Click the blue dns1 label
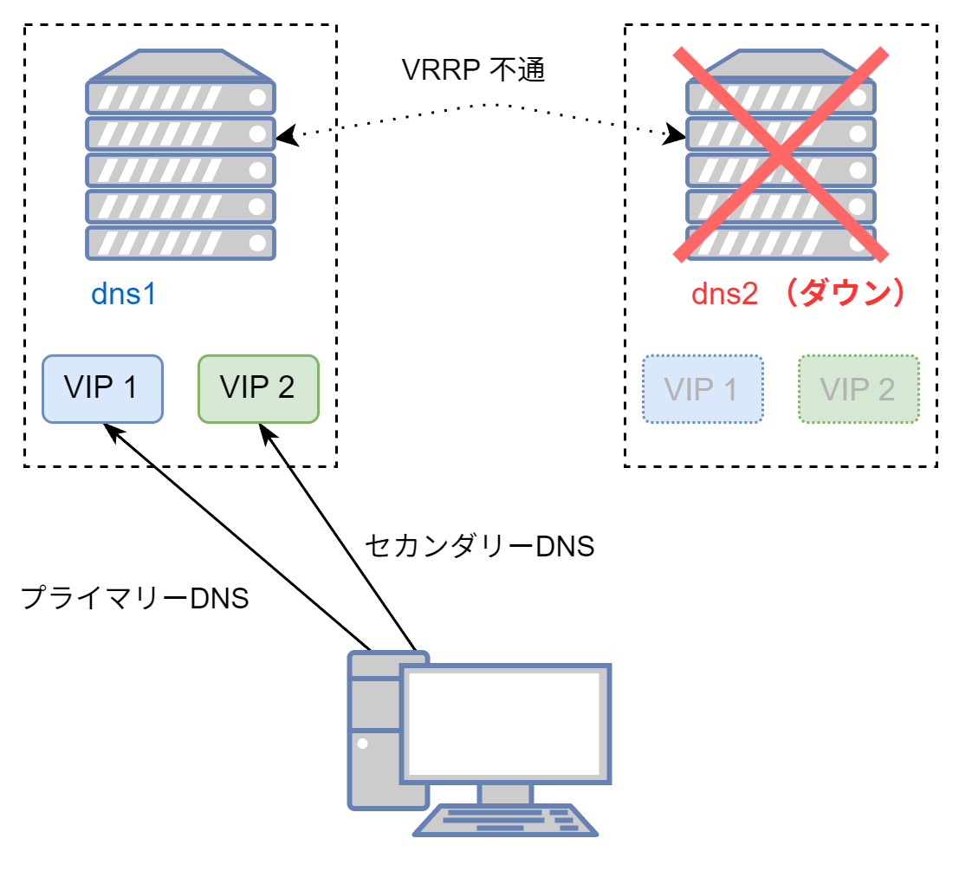124,295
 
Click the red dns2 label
724,295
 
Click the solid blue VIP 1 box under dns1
103,389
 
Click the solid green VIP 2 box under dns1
258,389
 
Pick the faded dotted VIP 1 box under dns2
703,389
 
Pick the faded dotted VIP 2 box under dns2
858,389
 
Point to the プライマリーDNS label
134,598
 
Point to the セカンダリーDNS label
479,546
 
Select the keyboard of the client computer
505,820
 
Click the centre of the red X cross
781,154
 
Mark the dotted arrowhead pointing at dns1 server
284,136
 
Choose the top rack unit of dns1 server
180,96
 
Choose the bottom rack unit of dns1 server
180,244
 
